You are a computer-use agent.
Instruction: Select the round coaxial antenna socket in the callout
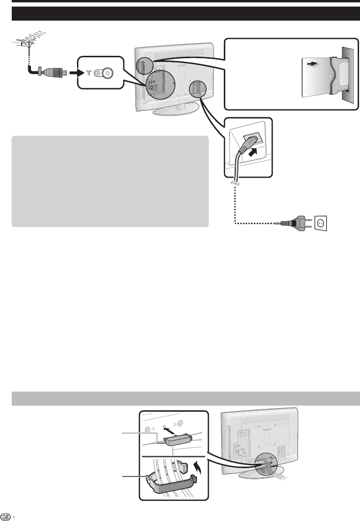pyautogui.click(x=108, y=73)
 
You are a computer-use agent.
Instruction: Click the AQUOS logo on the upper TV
pyautogui.click(x=182, y=66)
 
